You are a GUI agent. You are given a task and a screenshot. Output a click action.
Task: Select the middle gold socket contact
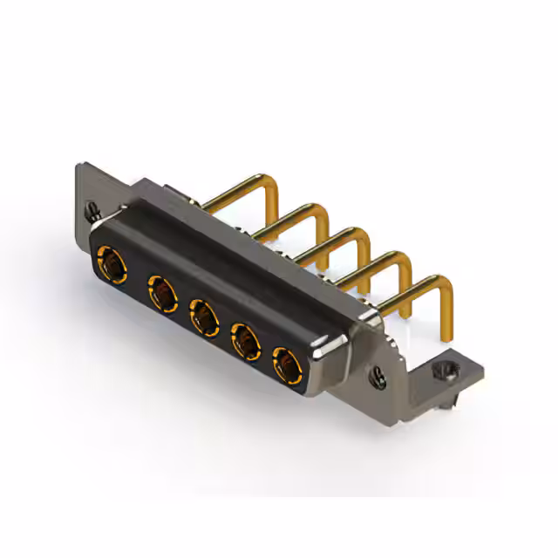pyautogui.click(x=202, y=315)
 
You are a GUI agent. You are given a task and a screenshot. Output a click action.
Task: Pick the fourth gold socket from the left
pyautogui.click(x=244, y=337)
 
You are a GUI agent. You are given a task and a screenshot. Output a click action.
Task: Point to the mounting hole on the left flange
pyautogui.click(x=91, y=210)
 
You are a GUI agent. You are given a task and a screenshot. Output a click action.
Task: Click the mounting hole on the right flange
pyautogui.click(x=379, y=376)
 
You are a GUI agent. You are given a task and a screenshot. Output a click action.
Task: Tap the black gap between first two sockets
pyautogui.click(x=135, y=276)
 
